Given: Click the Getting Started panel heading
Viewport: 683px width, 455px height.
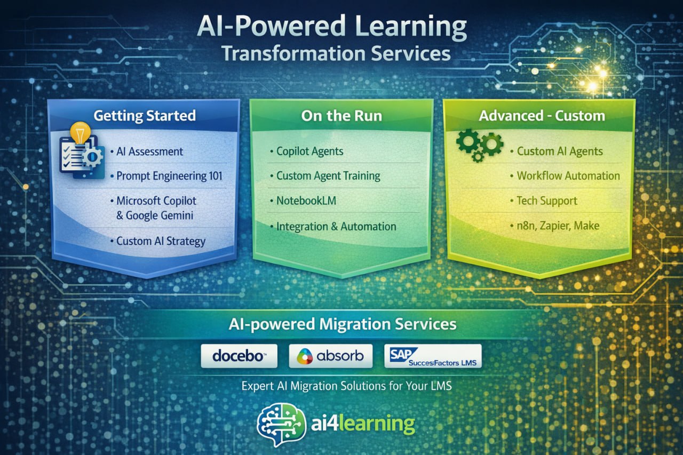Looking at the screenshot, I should point(144,115).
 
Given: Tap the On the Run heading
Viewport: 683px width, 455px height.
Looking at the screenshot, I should point(341,116).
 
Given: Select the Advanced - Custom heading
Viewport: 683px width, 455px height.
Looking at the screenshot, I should point(542,116).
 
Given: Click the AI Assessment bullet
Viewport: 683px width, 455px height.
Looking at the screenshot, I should point(149,151).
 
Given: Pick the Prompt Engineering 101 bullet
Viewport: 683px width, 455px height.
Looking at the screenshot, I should point(169,175).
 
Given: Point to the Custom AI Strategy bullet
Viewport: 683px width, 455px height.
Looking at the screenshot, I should point(161,241).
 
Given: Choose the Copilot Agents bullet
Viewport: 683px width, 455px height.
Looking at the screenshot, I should point(309,151).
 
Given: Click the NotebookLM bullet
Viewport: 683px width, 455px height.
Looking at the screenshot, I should point(306,201).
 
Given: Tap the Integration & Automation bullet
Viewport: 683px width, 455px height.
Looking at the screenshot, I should point(336,226).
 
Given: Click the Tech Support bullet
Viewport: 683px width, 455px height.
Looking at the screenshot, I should point(547,201).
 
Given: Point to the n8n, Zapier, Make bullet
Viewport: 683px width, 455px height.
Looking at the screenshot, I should point(558,226).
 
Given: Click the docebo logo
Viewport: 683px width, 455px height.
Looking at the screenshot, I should point(239,356).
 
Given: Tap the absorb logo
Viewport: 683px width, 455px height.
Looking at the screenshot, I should point(330,356).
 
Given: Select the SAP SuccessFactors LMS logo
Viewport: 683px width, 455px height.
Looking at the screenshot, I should point(433,356).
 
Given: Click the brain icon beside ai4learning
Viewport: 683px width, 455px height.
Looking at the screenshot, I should point(281,424).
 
